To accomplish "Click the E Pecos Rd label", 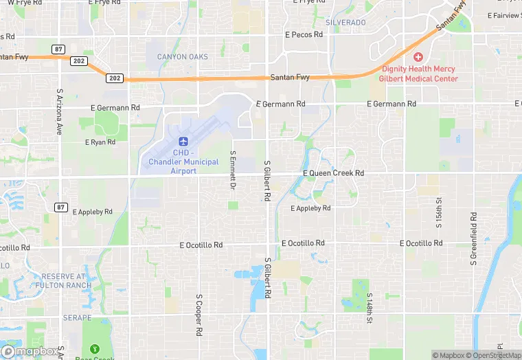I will pos(304,34).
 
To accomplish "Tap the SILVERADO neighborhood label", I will pos(345,23).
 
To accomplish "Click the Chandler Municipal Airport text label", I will pos(183,161).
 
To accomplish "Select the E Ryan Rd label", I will pos(100,142).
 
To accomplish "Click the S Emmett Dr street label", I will pos(234,170).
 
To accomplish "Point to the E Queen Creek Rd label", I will pos(334,173).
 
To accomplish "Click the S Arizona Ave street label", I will pos(60,111).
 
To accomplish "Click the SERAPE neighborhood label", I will pos(77,318).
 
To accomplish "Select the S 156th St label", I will pos(438,214).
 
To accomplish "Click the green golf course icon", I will pos(95,348).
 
